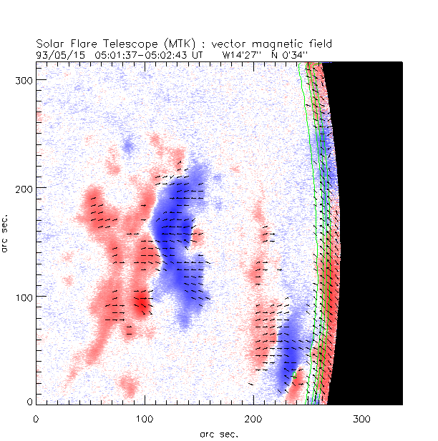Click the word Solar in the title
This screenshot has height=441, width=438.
[49, 44]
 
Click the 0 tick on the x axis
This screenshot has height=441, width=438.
[36, 419]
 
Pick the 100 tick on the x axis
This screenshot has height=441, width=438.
[145, 419]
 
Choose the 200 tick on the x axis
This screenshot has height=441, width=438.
[253, 419]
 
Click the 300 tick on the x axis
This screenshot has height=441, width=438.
[362, 419]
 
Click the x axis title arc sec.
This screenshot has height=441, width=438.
[219, 434]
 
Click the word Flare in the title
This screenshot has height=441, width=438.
[79, 44]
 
